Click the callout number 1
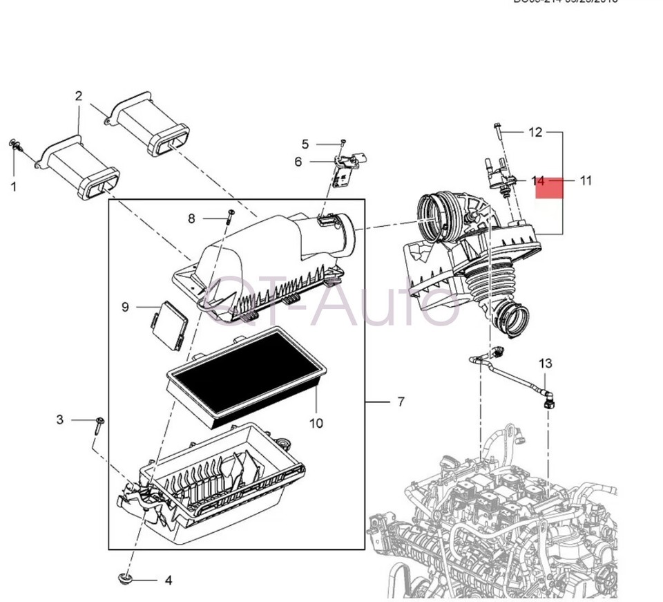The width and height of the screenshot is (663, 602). pos(13,186)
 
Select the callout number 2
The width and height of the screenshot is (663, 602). pos(79,96)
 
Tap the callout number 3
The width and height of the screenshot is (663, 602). pos(60,420)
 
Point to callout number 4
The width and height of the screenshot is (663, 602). pos(168,581)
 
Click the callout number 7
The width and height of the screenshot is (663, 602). pos(401,402)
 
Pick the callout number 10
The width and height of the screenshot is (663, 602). pos(316,423)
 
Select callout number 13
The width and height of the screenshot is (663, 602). pos(546,363)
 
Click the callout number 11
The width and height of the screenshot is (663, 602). pos(586,181)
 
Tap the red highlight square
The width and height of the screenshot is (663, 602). pos(550,187)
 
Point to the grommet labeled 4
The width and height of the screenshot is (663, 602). pos(125,578)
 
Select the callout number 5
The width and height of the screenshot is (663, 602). pos(305,144)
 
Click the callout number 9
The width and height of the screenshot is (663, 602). pos(125,306)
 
